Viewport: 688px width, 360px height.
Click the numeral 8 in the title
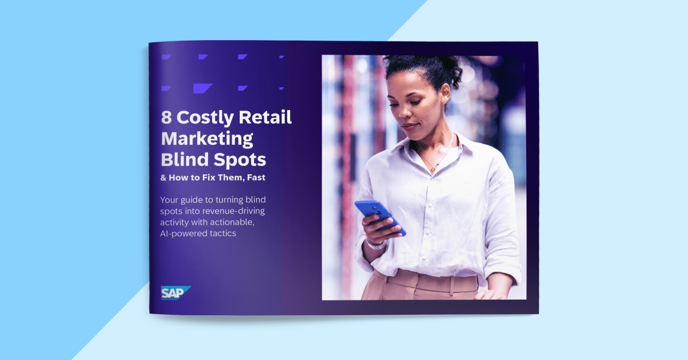(x=167, y=118)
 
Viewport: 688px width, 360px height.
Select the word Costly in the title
(x=205, y=119)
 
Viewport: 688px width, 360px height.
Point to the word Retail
(x=265, y=118)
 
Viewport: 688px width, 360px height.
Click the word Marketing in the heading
(x=207, y=138)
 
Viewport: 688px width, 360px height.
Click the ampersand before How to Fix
(x=163, y=178)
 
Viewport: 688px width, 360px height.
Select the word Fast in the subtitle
(x=253, y=178)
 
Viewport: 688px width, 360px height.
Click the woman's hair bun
(x=453, y=75)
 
